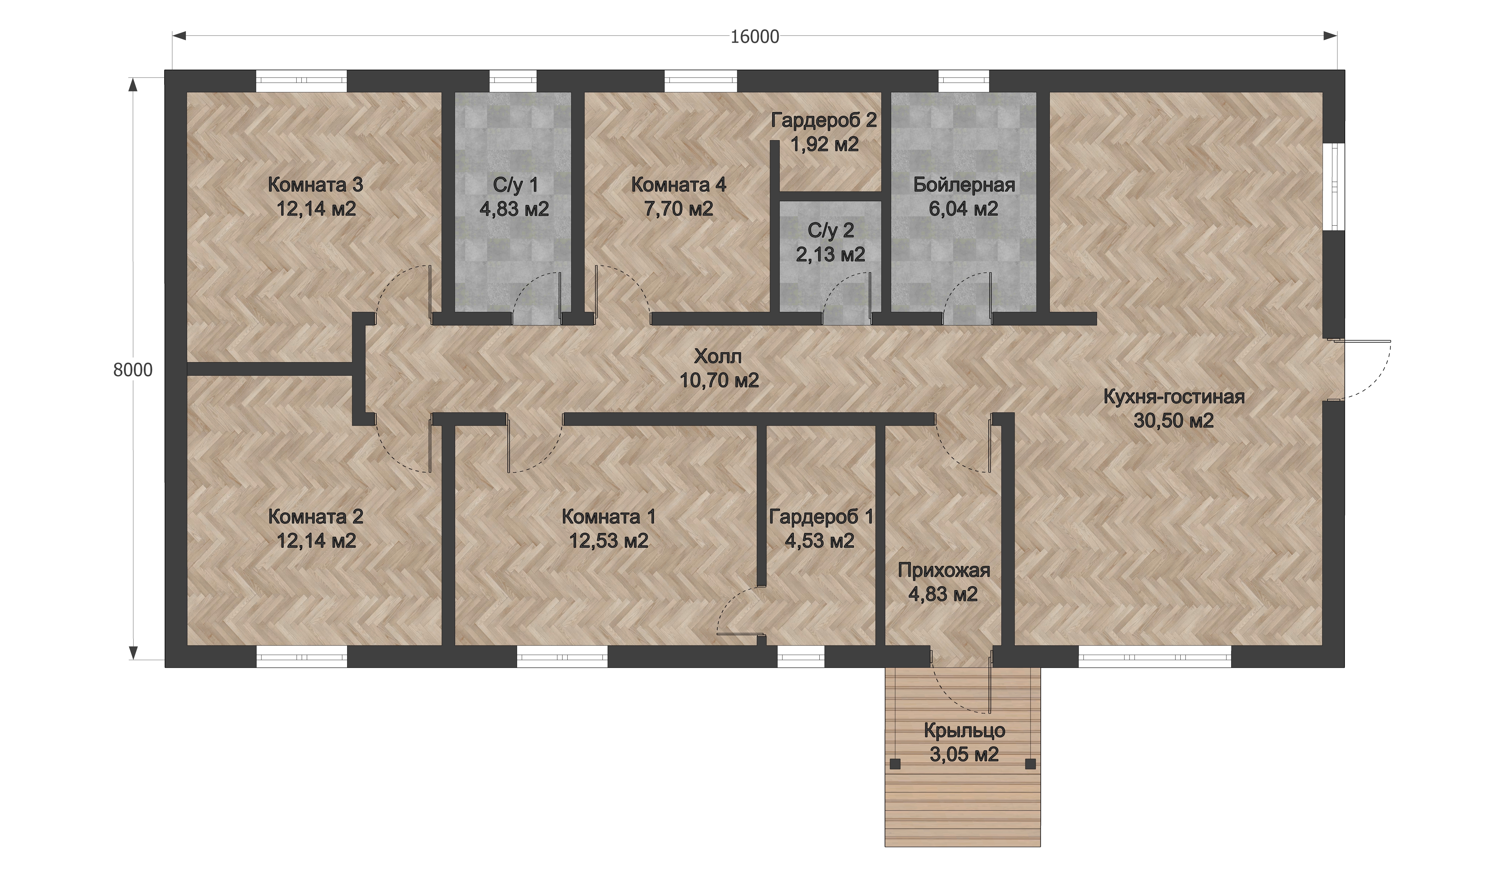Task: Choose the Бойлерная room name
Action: [964, 185]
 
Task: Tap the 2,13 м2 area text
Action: [830, 255]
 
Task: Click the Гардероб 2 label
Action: [824, 121]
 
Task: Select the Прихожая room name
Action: [944, 571]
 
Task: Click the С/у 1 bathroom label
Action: [515, 185]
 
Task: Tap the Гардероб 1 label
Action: [821, 517]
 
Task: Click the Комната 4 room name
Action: [679, 185]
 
